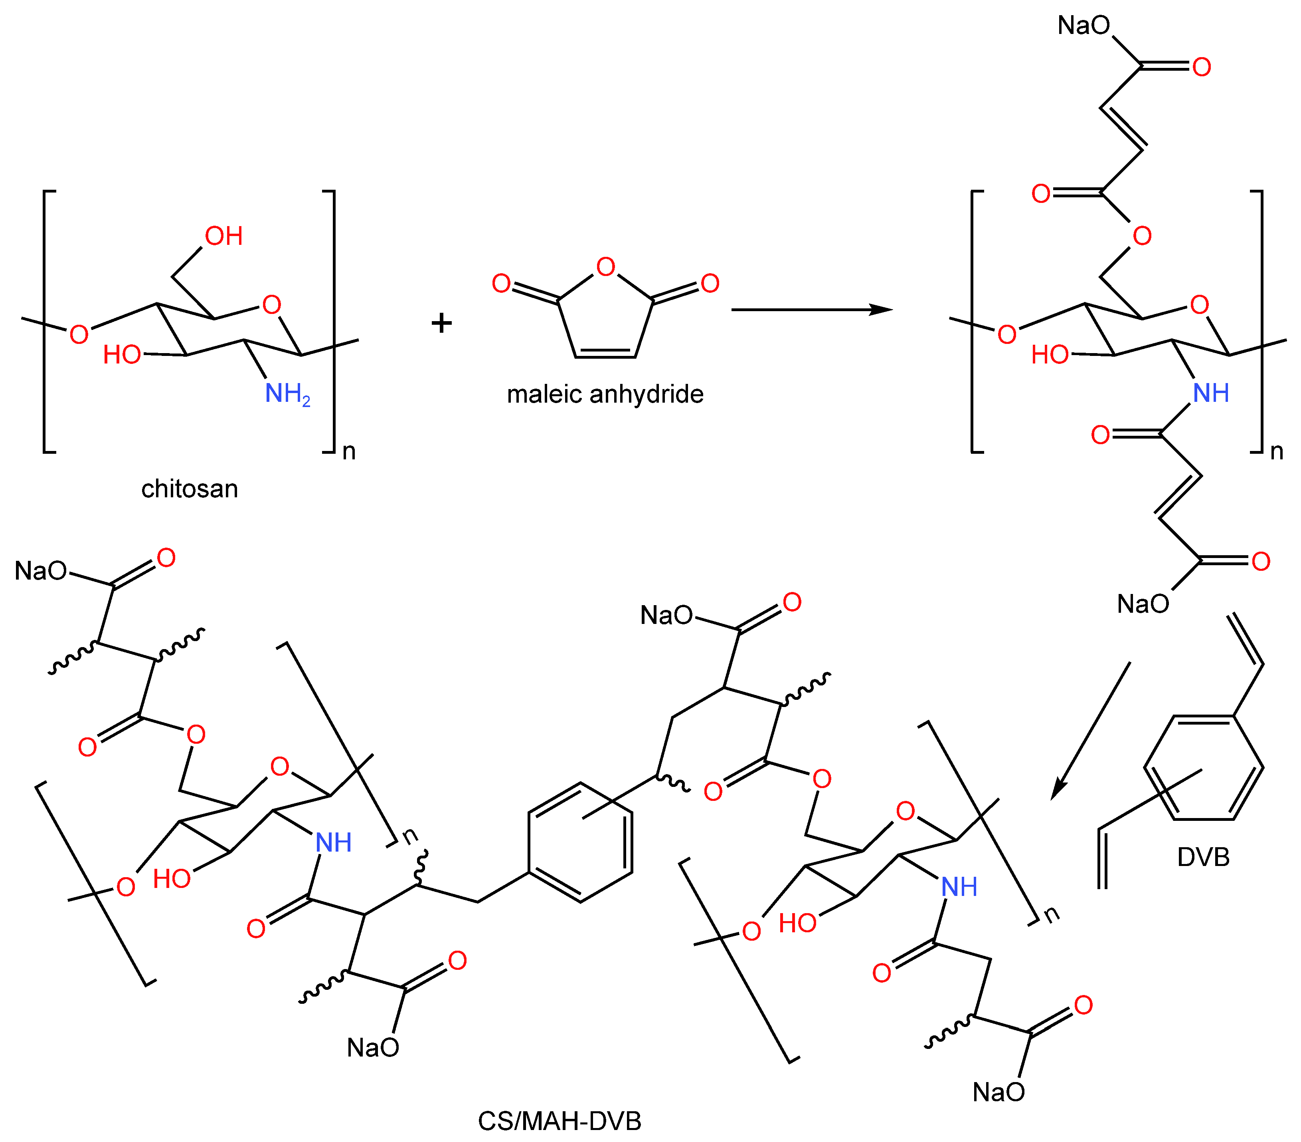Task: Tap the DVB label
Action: click(x=1203, y=857)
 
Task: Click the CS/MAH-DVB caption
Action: click(x=560, y=1121)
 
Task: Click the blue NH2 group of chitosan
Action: click(x=287, y=393)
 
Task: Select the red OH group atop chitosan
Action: click(x=223, y=236)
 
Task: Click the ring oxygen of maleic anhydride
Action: click(x=605, y=267)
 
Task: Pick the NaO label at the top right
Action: click(x=1084, y=26)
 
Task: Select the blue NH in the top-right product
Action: click(x=1211, y=393)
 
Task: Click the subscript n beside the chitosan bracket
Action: click(x=349, y=452)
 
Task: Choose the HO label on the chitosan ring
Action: click(x=122, y=355)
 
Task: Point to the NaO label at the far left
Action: click(x=41, y=571)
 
